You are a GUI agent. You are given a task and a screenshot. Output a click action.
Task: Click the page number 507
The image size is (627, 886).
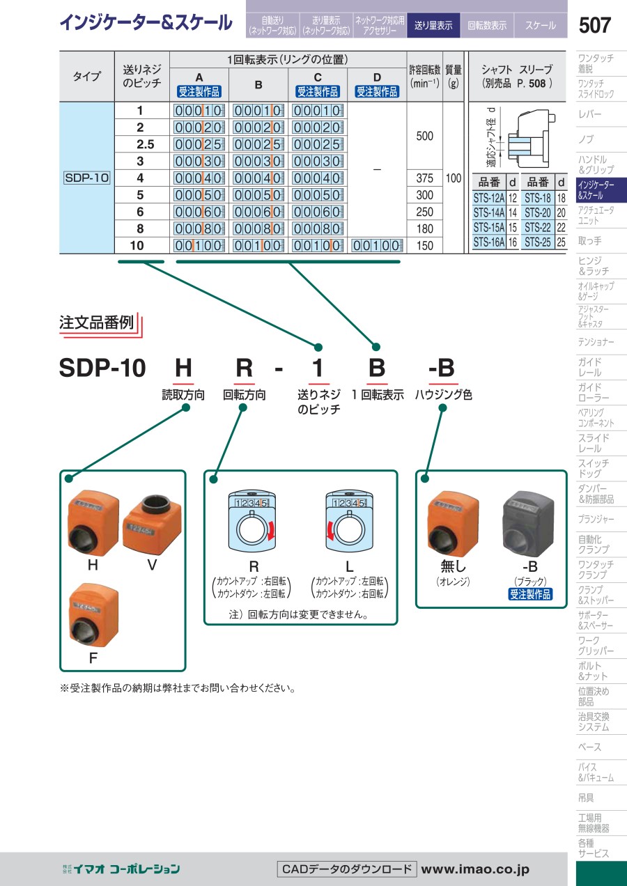594,26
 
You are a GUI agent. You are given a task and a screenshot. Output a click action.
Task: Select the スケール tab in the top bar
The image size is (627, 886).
541,26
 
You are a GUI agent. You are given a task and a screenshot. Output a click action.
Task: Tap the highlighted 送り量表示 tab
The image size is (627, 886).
433,26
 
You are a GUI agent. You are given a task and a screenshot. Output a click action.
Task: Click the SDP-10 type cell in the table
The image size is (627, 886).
87,178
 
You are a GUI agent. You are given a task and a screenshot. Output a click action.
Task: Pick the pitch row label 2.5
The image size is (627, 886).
140,144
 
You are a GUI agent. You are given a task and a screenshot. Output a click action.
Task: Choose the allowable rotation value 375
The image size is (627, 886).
424,178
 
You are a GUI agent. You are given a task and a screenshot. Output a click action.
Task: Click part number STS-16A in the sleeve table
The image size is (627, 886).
488,242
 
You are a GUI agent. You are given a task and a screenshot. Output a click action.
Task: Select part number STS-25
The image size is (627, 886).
537,242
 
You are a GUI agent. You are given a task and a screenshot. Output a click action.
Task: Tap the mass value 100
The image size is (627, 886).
454,178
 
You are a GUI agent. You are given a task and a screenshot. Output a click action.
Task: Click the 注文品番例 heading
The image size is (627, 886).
96,323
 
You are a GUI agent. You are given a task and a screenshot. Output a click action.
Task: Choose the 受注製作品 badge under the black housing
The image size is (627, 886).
530,594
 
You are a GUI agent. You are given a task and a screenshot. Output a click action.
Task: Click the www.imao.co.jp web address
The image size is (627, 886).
475,869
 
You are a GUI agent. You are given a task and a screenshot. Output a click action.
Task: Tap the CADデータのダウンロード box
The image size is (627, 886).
347,869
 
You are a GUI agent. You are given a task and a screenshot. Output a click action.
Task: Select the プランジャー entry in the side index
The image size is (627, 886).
596,520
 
